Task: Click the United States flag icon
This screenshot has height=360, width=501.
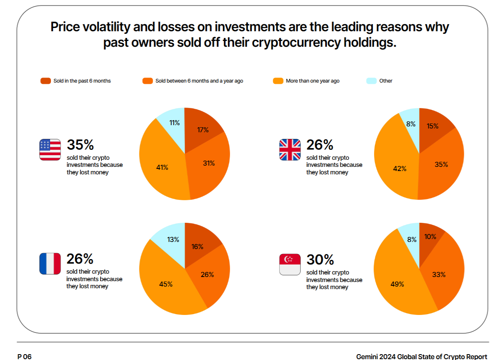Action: [50, 150]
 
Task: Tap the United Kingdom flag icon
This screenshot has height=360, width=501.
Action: [290, 150]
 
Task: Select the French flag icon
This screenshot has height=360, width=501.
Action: [50, 264]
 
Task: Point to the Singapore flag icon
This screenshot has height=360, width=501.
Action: [290, 264]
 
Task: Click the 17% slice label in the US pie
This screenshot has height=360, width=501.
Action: [203, 130]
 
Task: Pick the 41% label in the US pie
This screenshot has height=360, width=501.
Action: [162, 167]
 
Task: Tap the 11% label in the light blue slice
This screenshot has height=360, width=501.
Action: [175, 123]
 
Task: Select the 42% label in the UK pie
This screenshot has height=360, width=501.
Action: [400, 169]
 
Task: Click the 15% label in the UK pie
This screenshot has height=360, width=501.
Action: [433, 126]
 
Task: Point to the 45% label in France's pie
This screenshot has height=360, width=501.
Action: [166, 284]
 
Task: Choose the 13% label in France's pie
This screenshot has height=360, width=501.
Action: [173, 239]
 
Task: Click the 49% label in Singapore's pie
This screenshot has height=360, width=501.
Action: [397, 284]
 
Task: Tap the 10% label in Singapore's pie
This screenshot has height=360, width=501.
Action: [430, 237]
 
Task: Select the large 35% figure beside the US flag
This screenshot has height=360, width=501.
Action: [80, 145]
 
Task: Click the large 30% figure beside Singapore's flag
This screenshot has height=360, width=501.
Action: [320, 259]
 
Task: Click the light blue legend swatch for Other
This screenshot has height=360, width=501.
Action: [372, 81]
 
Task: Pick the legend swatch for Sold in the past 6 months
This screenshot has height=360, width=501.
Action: [46, 81]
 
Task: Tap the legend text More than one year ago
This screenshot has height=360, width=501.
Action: [313, 81]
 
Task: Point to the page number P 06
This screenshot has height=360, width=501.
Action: [24, 357]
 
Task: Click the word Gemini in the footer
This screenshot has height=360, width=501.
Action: [367, 357]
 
